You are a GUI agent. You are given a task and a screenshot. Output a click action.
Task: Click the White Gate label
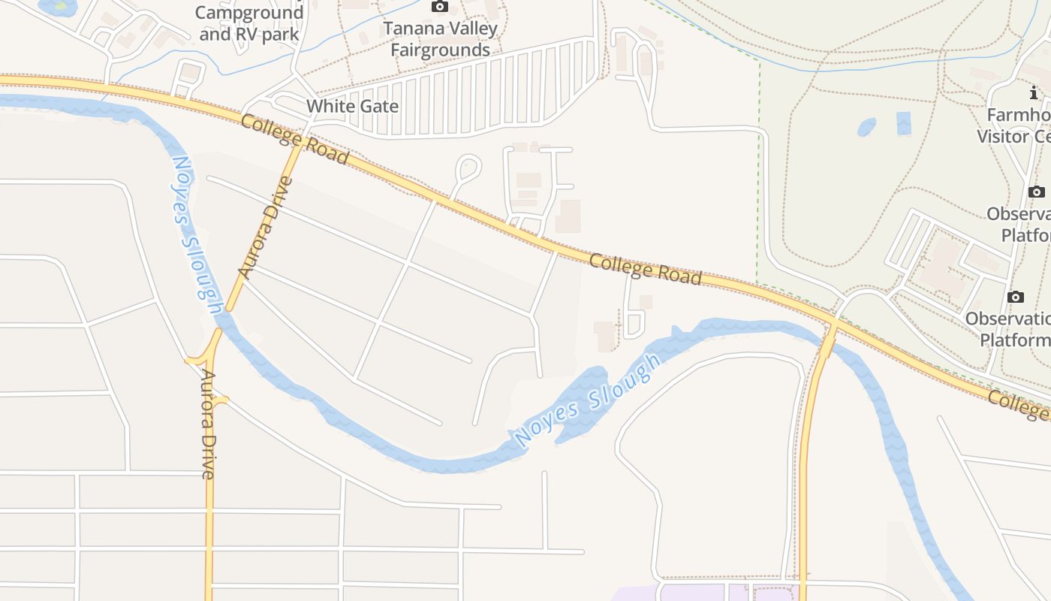(352, 106)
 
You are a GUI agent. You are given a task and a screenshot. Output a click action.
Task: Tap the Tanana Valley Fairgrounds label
(440, 39)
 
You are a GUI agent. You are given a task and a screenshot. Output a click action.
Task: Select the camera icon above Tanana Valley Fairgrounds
(439, 7)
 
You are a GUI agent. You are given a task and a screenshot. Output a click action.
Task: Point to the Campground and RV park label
(249, 23)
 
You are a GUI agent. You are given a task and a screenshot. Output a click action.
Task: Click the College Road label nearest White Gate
(294, 138)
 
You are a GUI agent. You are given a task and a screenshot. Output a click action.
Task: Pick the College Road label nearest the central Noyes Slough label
(645, 269)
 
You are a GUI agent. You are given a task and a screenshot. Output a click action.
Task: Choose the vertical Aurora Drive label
(208, 424)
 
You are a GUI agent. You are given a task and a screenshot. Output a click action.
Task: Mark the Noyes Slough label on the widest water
(588, 400)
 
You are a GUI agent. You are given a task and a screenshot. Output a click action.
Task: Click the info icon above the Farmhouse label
(1034, 93)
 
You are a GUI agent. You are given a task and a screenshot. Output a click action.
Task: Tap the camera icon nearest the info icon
(1036, 192)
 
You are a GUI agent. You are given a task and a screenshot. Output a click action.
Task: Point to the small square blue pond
(903, 122)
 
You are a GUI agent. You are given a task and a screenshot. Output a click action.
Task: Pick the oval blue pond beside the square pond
(867, 126)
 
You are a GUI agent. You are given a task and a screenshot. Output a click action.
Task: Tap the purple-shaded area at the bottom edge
(691, 593)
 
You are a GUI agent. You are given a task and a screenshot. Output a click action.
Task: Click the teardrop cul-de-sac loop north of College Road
(468, 168)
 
